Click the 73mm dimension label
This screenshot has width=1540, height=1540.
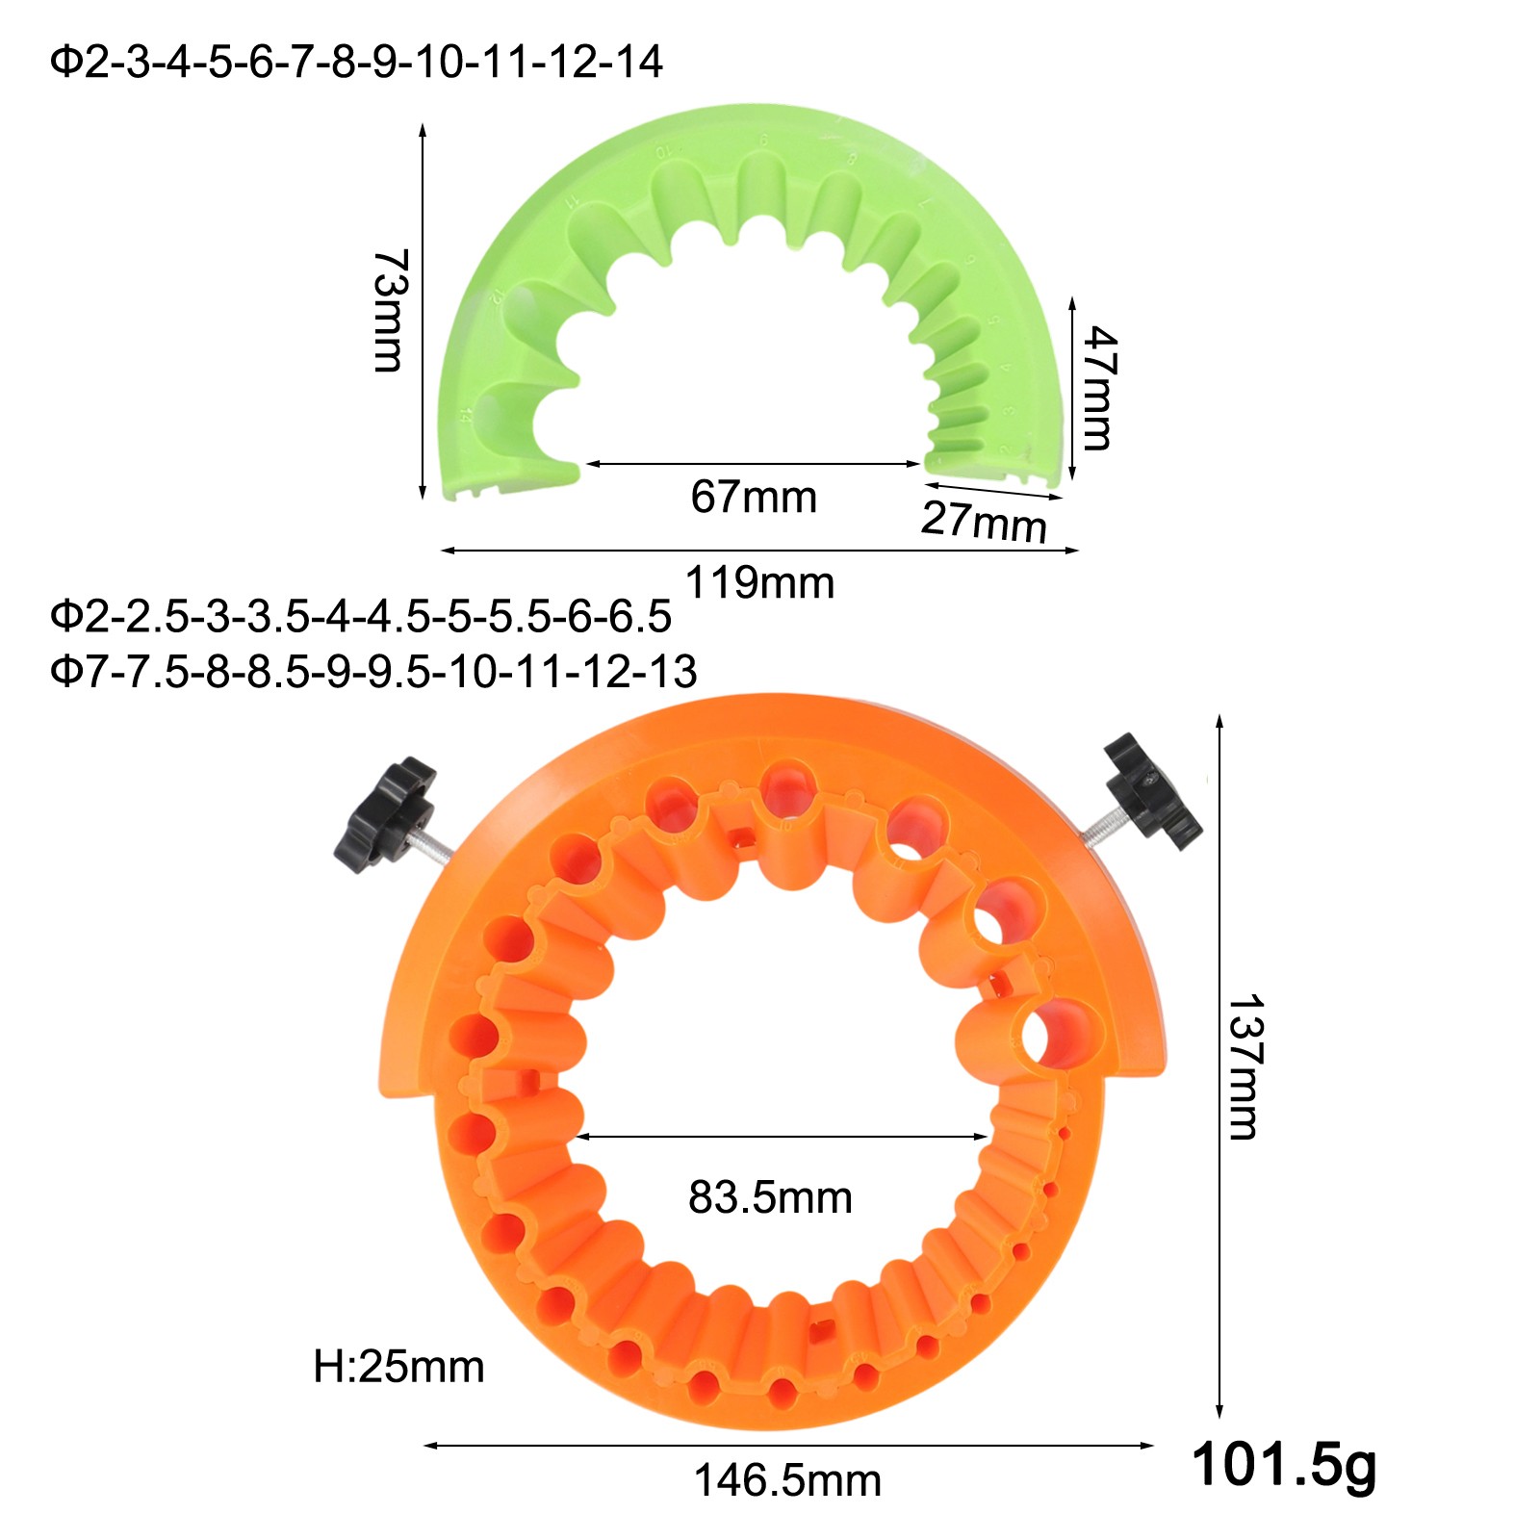pyautogui.click(x=390, y=310)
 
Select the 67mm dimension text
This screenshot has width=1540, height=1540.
pyautogui.click(x=754, y=497)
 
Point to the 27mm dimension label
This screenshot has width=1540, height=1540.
pyautogui.click(x=984, y=522)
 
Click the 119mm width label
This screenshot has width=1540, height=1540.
pyautogui.click(x=759, y=583)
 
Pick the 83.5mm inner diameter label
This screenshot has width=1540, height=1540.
pyautogui.click(x=770, y=1198)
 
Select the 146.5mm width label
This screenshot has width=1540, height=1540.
pyautogui.click(x=787, y=1481)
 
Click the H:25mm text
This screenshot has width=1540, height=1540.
pyautogui.click(x=398, y=1367)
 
